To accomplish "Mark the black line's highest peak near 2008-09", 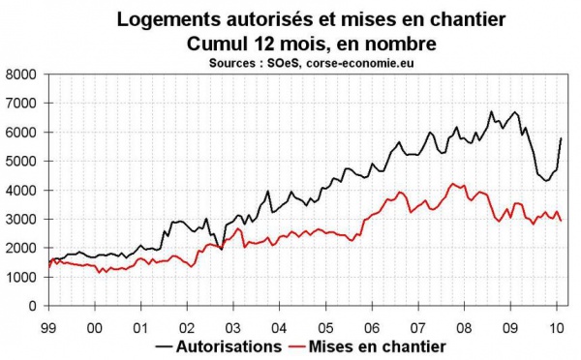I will [x=491, y=112].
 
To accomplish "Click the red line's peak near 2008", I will [x=452, y=183].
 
